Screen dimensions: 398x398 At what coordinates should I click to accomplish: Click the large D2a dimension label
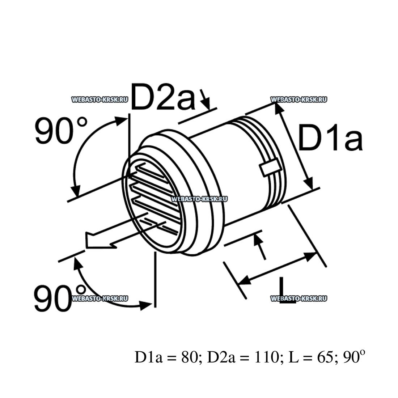162,97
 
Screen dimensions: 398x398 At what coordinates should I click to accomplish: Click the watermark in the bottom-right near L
298,298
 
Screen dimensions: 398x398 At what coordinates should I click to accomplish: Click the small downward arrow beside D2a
206,102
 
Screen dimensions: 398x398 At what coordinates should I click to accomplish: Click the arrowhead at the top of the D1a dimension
278,107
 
